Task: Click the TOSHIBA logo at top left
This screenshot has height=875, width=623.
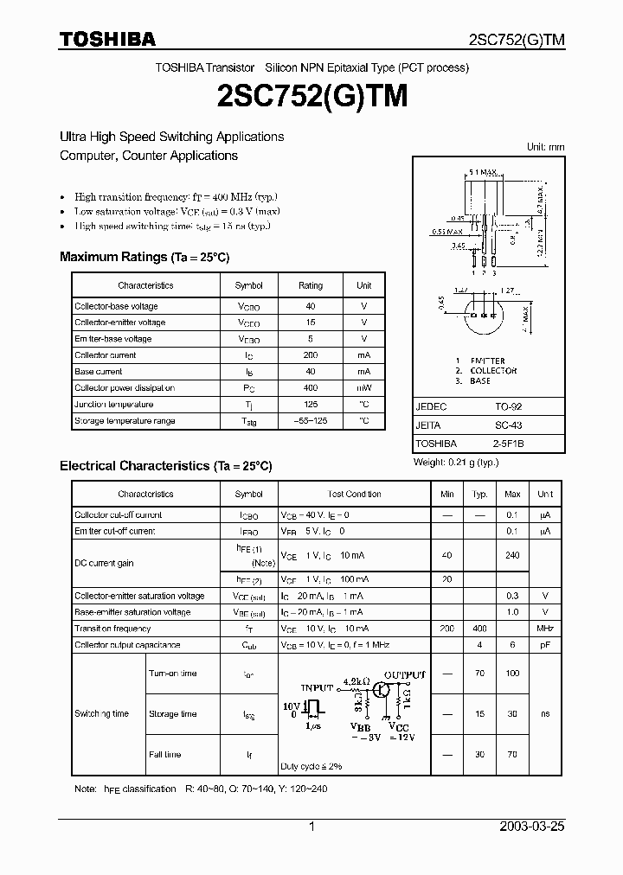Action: pyautogui.click(x=107, y=39)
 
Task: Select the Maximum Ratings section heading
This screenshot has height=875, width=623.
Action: pyautogui.click(x=145, y=257)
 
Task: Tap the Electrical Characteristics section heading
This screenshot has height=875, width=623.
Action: pyautogui.click(x=166, y=465)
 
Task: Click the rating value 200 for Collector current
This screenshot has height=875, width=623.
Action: pyautogui.click(x=311, y=355)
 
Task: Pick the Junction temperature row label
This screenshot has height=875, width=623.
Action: pyautogui.click(x=114, y=405)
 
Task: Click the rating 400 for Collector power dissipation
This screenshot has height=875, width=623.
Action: pyautogui.click(x=311, y=388)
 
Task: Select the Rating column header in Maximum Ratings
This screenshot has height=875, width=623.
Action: pyautogui.click(x=311, y=285)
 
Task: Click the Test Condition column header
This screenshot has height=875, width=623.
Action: pyautogui.click(x=355, y=495)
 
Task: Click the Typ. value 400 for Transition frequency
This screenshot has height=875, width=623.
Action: pyautogui.click(x=479, y=629)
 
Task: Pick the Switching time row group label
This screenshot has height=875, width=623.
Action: pyautogui.click(x=102, y=713)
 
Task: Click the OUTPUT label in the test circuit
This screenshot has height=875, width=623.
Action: pyautogui.click(x=405, y=674)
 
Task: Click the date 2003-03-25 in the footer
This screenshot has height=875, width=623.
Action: pyautogui.click(x=532, y=827)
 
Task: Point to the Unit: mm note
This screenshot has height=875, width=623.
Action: pyautogui.click(x=545, y=147)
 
